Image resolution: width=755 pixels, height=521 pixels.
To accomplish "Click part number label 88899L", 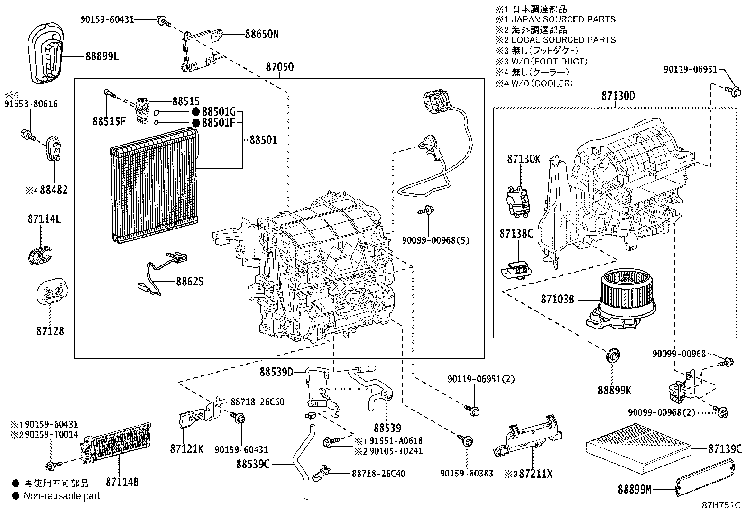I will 102,56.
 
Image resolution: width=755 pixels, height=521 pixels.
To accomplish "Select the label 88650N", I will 262,34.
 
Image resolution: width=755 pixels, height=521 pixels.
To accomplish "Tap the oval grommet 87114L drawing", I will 40,255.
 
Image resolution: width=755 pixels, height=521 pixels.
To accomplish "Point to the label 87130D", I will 617,96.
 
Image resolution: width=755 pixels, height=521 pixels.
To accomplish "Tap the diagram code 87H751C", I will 721,505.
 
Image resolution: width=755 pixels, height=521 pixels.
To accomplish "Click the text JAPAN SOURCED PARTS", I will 563,19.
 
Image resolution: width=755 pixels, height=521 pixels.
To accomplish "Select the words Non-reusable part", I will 62,496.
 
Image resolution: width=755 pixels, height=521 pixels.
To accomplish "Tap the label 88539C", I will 253,464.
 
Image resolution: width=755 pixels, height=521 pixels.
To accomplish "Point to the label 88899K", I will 615,390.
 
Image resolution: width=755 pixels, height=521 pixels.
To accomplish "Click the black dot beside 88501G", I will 195,112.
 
